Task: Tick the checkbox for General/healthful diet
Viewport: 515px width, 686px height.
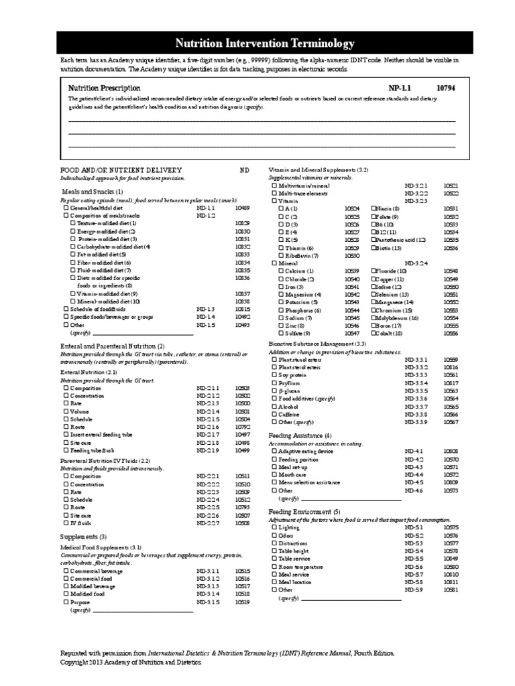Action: tap(66, 208)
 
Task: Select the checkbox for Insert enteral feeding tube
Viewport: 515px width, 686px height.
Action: tap(66, 435)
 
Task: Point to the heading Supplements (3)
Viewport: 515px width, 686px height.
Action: tap(83, 537)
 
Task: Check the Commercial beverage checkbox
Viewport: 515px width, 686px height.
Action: tap(66, 571)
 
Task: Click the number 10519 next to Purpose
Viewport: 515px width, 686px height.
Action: tap(242, 602)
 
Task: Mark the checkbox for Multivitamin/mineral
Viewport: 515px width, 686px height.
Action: tap(274, 185)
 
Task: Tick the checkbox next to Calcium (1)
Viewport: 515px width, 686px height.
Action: tap(280, 271)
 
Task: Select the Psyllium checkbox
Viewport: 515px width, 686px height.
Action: tap(274, 383)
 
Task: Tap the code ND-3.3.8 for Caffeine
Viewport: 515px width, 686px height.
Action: tap(415, 415)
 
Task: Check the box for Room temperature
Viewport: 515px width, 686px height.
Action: tap(274, 567)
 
